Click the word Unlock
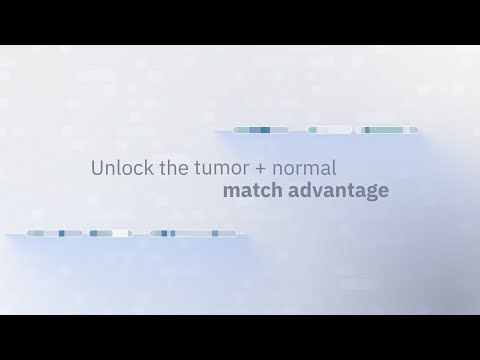pos(122,167)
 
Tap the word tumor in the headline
pos(222,168)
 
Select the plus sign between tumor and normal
pos(260,169)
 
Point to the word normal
pos(304,168)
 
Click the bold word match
pos(252,190)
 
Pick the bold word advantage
pos(338,191)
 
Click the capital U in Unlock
pos(97,168)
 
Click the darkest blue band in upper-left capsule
pos(265,130)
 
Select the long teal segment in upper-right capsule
pos(387,130)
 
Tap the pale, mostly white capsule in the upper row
pos(329,130)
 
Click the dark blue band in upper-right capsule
pos(367,130)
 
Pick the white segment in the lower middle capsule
pos(120,233)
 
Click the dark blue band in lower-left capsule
pos(62,233)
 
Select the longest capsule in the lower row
pos(193,233)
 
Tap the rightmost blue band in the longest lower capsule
pos(215,233)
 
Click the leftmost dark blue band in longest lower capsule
pos(164,233)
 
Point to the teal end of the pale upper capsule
pos(313,130)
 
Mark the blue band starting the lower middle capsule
pos(94,233)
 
